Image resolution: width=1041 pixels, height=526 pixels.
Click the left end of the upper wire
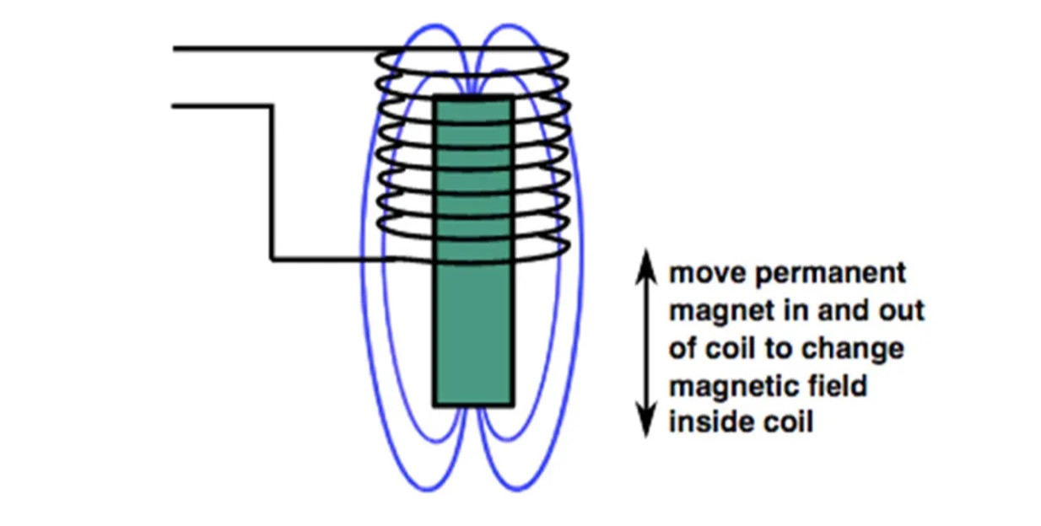point(175,49)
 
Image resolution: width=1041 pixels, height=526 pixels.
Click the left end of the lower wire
point(175,106)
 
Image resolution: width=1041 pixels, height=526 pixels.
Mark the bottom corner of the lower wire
point(272,259)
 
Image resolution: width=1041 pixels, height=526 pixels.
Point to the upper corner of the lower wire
point(272,106)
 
